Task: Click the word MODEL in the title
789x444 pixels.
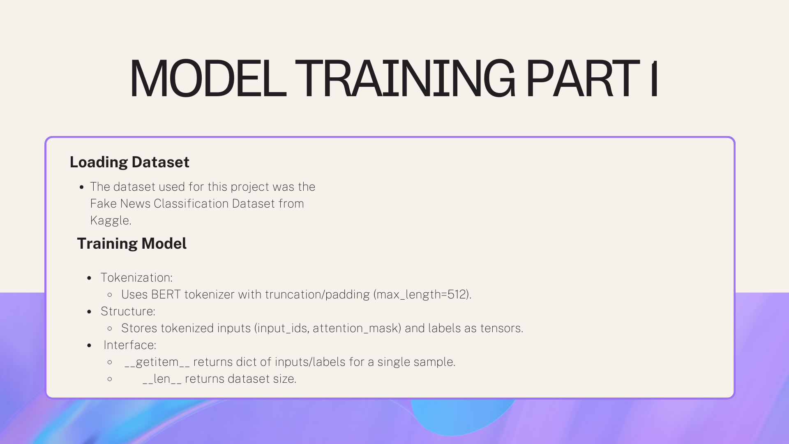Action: coord(208,79)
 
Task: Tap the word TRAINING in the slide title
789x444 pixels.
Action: coord(405,79)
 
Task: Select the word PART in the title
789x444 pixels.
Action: coord(583,79)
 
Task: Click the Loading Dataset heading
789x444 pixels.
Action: coord(129,162)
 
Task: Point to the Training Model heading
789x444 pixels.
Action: coord(131,243)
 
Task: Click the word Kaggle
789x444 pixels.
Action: coord(111,220)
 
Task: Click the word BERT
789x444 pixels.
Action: coord(166,294)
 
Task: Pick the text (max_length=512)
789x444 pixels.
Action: coord(422,294)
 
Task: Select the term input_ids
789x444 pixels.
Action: coord(281,328)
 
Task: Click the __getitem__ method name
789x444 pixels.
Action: coord(157,362)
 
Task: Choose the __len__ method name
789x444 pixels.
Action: coord(162,379)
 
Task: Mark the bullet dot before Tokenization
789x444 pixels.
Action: coord(90,278)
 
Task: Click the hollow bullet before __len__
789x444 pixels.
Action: coord(110,379)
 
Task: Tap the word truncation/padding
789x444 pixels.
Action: coord(317,294)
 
